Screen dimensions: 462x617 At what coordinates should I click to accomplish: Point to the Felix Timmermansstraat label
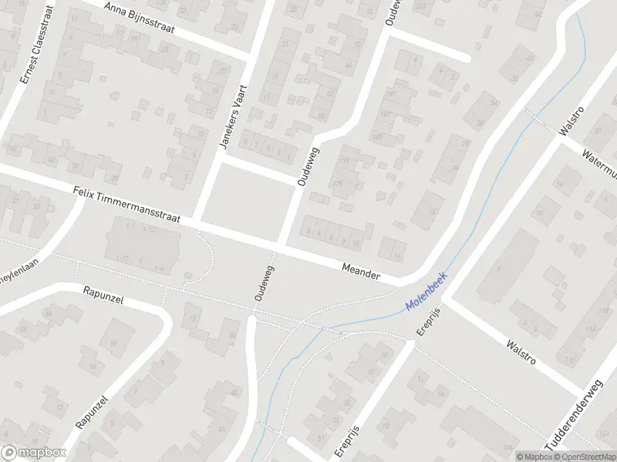click(127, 204)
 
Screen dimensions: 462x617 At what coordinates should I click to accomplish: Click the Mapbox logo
click(34, 453)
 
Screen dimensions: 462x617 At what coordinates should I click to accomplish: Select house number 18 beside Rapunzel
click(113, 344)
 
